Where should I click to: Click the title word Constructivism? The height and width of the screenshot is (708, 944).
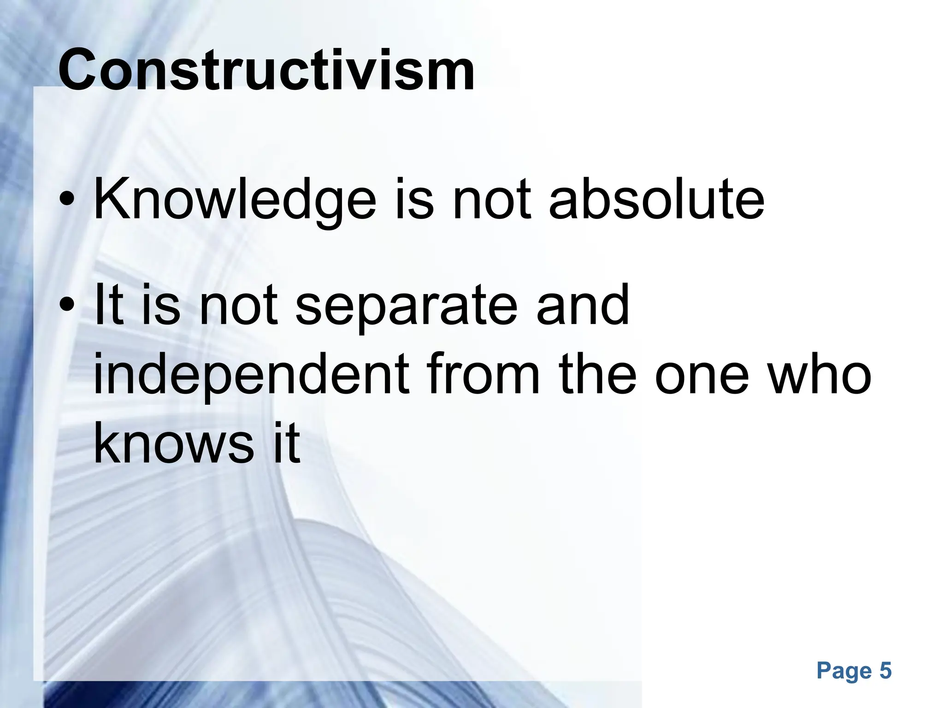(x=266, y=70)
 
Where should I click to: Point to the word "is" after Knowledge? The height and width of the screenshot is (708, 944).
(x=414, y=201)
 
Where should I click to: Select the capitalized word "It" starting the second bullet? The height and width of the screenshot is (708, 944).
(x=109, y=304)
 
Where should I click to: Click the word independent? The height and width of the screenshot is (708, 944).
(x=251, y=374)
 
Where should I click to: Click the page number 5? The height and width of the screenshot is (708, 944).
(x=885, y=671)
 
